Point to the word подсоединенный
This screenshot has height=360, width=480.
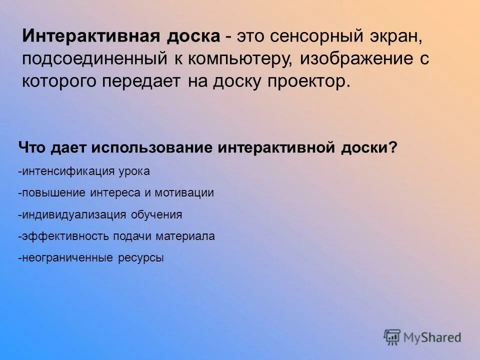(94, 59)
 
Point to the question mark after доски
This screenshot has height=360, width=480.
(393, 148)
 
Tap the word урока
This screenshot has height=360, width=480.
(134, 171)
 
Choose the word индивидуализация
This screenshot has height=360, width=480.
(74, 215)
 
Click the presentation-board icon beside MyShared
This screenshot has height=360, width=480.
(392, 337)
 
